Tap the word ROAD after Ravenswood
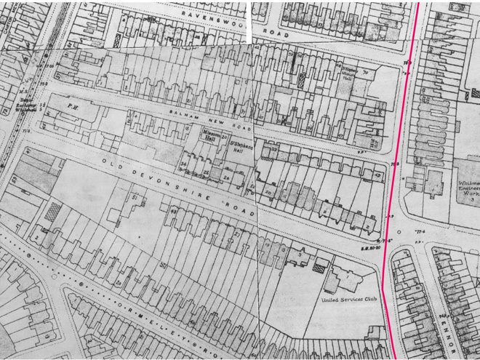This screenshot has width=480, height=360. pos(280,33)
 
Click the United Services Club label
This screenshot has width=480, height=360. pos(352,299)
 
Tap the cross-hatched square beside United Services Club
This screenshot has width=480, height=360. pos(317,266)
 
